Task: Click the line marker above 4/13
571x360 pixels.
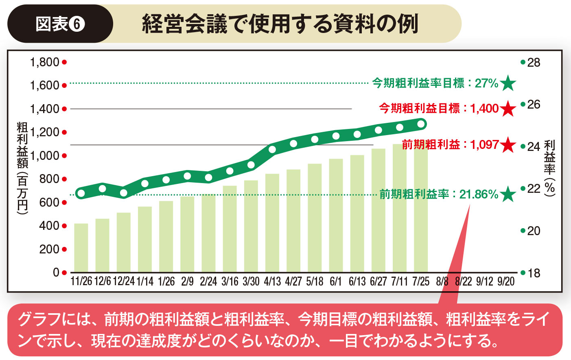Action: (x=272, y=149)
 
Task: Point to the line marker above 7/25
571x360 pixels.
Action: (x=421, y=124)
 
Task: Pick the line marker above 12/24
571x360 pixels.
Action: (x=124, y=193)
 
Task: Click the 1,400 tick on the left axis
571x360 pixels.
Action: (x=45, y=109)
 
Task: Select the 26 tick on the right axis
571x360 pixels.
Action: (x=534, y=105)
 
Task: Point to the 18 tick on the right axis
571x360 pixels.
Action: (x=534, y=273)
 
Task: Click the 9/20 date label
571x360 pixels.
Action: (x=506, y=281)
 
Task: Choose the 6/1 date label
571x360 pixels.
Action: (x=336, y=281)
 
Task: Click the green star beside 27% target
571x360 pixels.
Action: (x=508, y=83)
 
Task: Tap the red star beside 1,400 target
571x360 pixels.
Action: (x=508, y=109)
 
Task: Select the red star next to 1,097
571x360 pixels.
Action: (x=508, y=145)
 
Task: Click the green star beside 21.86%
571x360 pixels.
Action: (x=508, y=194)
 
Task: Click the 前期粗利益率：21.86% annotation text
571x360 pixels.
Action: (x=439, y=194)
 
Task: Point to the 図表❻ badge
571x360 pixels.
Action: (x=60, y=24)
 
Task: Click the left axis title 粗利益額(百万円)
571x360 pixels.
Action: (x=22, y=167)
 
